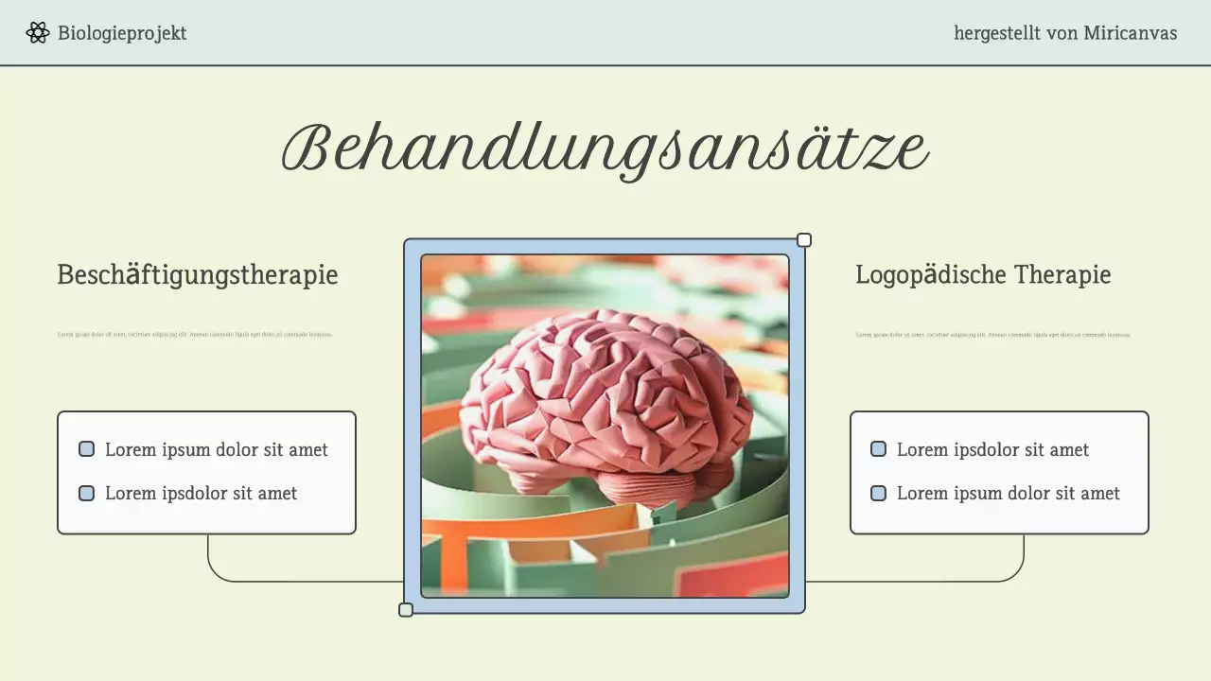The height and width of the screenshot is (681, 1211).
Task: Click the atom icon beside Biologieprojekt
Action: (38, 33)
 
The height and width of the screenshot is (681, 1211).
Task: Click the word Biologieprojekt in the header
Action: (122, 33)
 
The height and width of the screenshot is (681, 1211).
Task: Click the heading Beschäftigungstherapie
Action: (198, 275)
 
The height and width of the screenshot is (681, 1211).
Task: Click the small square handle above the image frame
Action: (804, 240)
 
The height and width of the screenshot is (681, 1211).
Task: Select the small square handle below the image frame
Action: (406, 610)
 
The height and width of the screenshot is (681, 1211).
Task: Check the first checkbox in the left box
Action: (87, 449)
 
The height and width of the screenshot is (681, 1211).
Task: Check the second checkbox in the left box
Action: (87, 493)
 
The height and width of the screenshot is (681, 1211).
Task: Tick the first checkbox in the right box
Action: (878, 449)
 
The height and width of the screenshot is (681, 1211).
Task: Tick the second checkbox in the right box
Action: (878, 493)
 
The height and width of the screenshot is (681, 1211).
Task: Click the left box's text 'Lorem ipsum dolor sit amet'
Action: (217, 450)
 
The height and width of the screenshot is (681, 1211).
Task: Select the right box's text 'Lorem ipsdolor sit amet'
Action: (992, 450)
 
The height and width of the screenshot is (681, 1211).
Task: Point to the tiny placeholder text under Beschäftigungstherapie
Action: (195, 334)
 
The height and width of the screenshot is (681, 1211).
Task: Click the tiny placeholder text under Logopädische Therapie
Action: (993, 334)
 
